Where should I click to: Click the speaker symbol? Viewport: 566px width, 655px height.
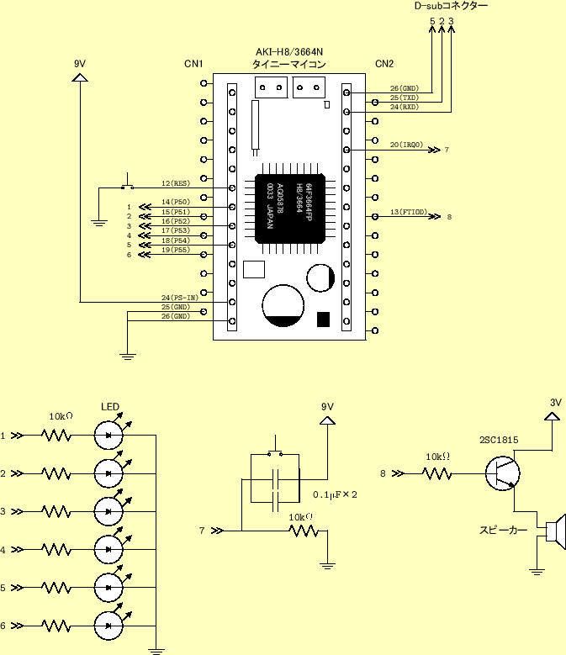coord(554,531)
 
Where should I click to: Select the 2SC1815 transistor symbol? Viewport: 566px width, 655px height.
coord(503,473)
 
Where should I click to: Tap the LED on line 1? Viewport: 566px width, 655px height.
coord(109,435)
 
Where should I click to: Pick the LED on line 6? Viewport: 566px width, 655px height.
coord(109,625)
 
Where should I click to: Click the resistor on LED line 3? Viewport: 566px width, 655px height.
coord(56,511)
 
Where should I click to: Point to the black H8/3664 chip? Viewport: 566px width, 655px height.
coord(290,202)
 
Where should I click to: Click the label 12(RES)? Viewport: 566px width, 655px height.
coord(175,182)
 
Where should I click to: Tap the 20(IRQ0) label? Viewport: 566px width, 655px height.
coord(406,145)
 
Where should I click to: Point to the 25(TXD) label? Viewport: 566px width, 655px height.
coord(405,98)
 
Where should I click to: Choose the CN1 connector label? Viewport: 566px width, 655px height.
coord(193,64)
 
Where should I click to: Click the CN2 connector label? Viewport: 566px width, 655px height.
coord(384,64)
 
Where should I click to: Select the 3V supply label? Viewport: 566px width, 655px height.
coord(555,402)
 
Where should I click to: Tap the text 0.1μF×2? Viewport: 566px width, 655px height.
coord(336,494)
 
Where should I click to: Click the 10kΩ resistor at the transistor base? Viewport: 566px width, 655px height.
coord(436,473)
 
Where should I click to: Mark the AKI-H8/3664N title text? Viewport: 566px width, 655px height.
coord(290,52)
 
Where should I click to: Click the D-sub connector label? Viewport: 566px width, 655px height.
coord(451,6)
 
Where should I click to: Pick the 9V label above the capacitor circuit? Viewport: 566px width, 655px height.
coord(328,407)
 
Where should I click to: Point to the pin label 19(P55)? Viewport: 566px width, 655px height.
coord(175,250)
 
